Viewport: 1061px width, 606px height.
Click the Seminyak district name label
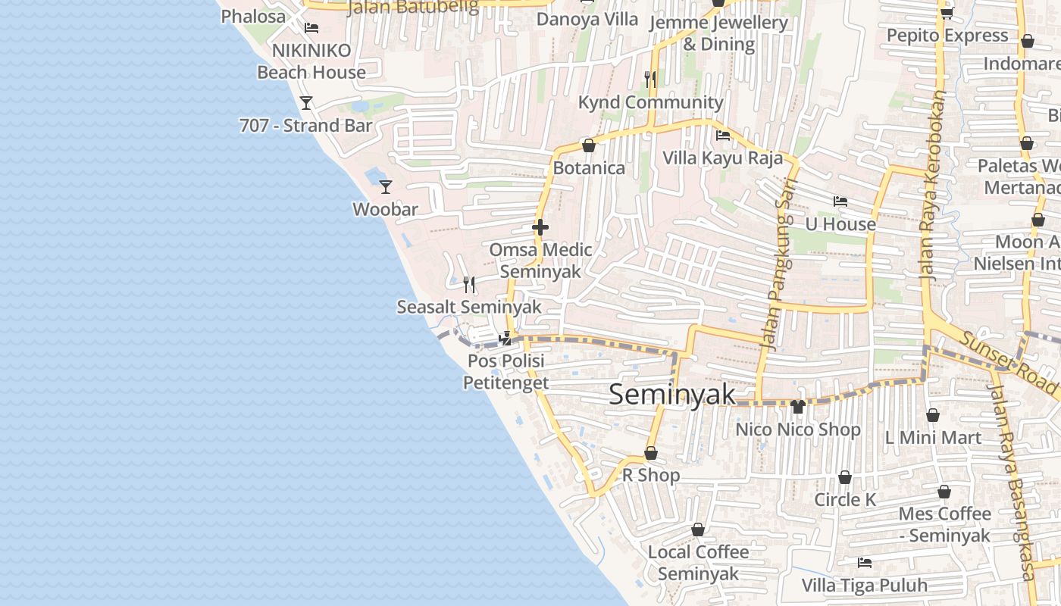(672, 395)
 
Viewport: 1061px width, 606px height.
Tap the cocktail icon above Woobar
(386, 186)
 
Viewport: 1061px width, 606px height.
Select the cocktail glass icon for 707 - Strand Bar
(306, 102)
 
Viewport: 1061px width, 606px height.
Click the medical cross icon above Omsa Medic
(540, 226)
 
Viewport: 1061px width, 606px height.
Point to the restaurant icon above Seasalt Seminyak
(470, 285)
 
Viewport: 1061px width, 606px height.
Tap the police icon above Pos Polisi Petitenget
(505, 339)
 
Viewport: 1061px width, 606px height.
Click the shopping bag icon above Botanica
(588, 145)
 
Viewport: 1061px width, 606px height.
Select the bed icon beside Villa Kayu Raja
(723, 136)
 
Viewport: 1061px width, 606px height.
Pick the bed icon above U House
(840, 201)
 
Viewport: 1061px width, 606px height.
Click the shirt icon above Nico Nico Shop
(797, 407)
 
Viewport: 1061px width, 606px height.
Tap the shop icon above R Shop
(650, 453)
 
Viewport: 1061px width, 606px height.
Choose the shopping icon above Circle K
(844, 477)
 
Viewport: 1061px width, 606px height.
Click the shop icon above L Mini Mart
(933, 415)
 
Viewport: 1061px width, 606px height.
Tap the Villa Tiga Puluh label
(865, 586)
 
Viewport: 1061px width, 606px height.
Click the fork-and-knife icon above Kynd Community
(650, 78)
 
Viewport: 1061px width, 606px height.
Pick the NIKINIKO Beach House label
(311, 61)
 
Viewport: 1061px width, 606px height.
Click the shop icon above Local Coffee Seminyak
(698, 529)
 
